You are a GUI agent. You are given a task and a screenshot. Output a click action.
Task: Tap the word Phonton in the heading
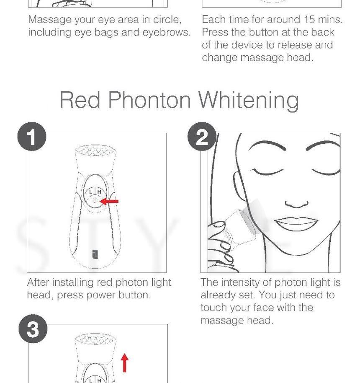(x=149, y=99)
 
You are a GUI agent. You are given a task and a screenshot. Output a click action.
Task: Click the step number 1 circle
(x=32, y=136)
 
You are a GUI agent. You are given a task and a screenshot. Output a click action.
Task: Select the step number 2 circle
(x=202, y=136)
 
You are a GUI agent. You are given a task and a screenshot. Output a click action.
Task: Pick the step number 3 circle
(x=33, y=329)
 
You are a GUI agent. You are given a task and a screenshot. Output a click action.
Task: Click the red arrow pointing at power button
(x=109, y=201)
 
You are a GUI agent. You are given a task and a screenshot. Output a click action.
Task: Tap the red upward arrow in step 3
(x=124, y=363)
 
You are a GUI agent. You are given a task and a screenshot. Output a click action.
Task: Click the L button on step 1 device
(x=90, y=192)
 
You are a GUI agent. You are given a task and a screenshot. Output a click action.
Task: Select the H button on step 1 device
(x=99, y=192)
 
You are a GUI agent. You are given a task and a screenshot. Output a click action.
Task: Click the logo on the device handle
(x=95, y=254)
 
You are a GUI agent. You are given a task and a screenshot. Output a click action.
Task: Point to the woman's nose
(x=296, y=204)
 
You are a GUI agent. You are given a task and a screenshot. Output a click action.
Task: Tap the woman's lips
(x=296, y=224)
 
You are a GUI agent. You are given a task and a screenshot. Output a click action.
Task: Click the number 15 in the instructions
(x=310, y=20)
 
